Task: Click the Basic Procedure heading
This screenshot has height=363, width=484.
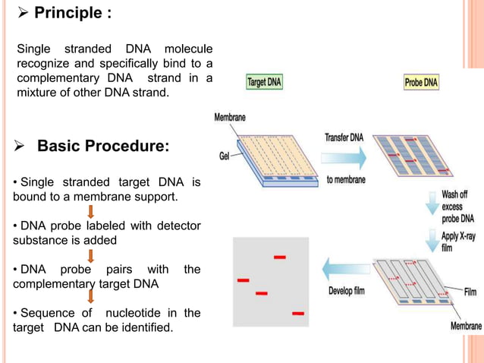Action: click(103, 145)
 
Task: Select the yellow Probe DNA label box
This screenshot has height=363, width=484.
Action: click(420, 82)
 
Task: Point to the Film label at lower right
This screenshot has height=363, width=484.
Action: click(473, 291)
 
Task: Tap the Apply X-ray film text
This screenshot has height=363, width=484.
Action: click(457, 241)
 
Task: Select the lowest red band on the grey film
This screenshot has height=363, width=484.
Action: click(298, 313)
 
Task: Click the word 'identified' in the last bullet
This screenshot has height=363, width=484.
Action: click(146, 327)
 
